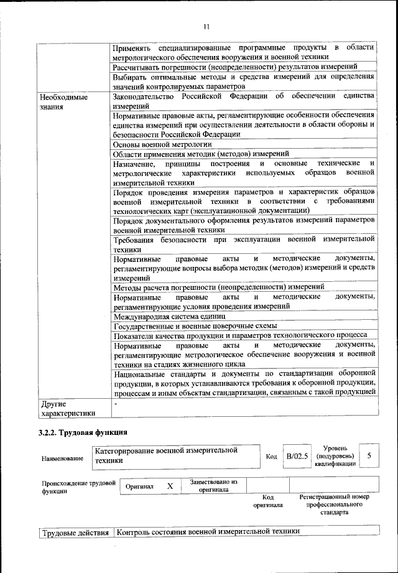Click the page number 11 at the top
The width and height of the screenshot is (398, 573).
pyautogui.click(x=206, y=26)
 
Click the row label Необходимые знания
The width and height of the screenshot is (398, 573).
pyautogui.click(x=63, y=102)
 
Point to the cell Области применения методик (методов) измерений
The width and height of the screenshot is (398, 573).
pyautogui.click(x=201, y=154)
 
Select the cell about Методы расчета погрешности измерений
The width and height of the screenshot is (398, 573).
pyautogui.click(x=218, y=287)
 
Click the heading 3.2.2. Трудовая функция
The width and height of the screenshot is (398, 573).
pyautogui.click(x=83, y=432)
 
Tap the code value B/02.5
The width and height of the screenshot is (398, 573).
pyautogui.click(x=297, y=456)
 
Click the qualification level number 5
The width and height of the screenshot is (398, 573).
pyautogui.click(x=369, y=456)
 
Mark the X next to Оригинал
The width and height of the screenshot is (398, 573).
pyautogui.click(x=169, y=486)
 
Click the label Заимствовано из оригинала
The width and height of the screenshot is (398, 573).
pyautogui.click(x=213, y=485)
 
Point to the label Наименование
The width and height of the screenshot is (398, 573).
pyautogui.click(x=62, y=459)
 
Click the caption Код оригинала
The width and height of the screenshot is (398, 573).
pyautogui.click(x=268, y=501)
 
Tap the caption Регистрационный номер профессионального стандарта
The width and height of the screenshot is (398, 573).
pyautogui.click(x=334, y=505)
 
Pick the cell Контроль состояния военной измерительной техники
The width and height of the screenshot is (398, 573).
pyautogui.click(x=208, y=532)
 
